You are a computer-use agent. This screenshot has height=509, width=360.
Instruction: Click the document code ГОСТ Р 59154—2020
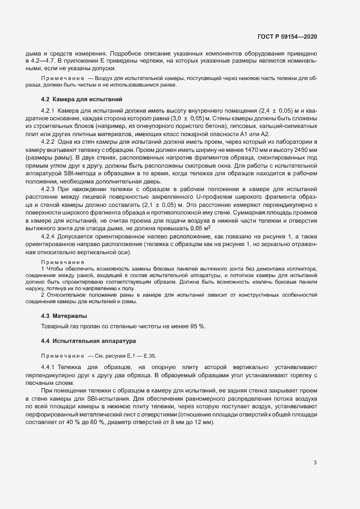tap(286, 37)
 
